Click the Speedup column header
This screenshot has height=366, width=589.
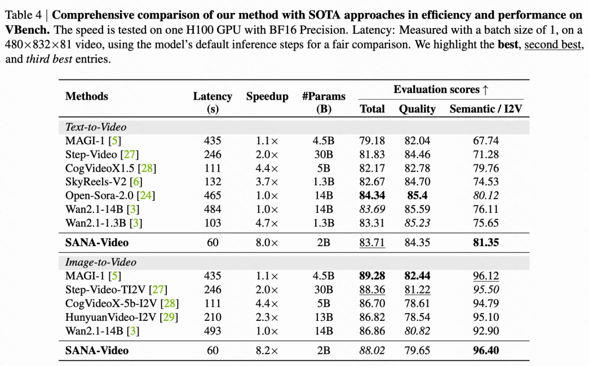tap(267, 96)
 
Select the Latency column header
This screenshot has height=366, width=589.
tap(213, 96)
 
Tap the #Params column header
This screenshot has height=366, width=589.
tap(324, 96)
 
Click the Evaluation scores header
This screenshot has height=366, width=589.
tap(437, 89)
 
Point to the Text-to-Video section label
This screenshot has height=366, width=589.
tap(96, 127)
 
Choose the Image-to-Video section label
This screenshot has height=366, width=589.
tap(101, 262)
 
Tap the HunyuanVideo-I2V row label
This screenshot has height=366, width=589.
tap(115, 317)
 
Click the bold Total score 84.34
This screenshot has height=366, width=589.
tap(372, 195)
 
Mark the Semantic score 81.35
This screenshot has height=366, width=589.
tap(486, 242)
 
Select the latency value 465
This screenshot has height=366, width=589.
tap(212, 195)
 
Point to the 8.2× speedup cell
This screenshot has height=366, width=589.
tap(267, 350)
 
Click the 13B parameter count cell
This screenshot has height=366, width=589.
tap(323, 317)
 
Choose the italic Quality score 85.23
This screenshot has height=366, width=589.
tap(417, 222)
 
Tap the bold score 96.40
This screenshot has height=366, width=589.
tap(486, 350)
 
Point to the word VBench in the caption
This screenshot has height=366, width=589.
tap(28, 29)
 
